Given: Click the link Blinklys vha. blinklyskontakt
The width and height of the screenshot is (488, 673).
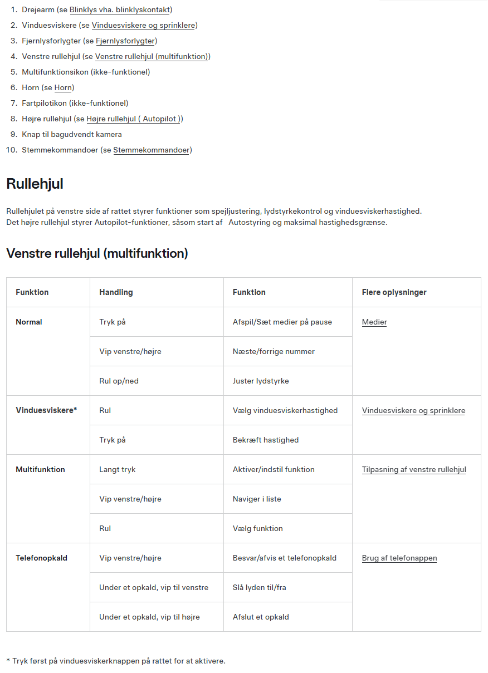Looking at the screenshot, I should pyautogui.click(x=120, y=10).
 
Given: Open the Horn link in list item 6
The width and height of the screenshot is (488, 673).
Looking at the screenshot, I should pyautogui.click(x=63, y=87).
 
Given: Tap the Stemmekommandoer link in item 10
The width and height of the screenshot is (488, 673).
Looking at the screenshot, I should pyautogui.click(x=151, y=150).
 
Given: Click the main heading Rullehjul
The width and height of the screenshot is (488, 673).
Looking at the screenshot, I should pyautogui.click(x=35, y=184).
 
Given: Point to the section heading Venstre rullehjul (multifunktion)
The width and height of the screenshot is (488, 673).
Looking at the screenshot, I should pyautogui.click(x=97, y=253).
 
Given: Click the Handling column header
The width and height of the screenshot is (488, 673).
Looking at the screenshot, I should pyautogui.click(x=116, y=292).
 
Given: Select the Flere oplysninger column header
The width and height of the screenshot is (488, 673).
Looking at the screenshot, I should pyautogui.click(x=394, y=292).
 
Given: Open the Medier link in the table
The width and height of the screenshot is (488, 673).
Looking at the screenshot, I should pyautogui.click(x=374, y=322).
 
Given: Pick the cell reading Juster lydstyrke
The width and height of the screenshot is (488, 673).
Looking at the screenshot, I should pyautogui.click(x=261, y=381).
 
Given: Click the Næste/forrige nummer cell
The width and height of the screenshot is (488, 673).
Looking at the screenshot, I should pyautogui.click(x=274, y=351).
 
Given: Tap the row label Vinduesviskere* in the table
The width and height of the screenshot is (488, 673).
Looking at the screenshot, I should pyautogui.click(x=46, y=410).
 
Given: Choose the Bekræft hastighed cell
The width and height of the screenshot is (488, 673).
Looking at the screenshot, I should pyautogui.click(x=266, y=440).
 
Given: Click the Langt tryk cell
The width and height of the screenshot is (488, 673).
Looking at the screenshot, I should pyautogui.click(x=117, y=469).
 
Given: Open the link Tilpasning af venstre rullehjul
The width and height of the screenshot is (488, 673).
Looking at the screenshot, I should pyautogui.click(x=414, y=469).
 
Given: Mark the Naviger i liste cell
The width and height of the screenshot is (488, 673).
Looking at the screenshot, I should pyautogui.click(x=257, y=499).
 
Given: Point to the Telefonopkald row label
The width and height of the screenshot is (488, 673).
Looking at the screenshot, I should pyautogui.click(x=41, y=558).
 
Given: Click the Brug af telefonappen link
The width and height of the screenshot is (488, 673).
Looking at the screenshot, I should pyautogui.click(x=399, y=558).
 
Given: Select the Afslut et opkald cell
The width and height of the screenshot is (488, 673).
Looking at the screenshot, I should pyautogui.click(x=261, y=617).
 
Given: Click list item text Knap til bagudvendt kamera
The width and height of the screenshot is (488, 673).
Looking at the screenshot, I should pyautogui.click(x=71, y=134).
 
